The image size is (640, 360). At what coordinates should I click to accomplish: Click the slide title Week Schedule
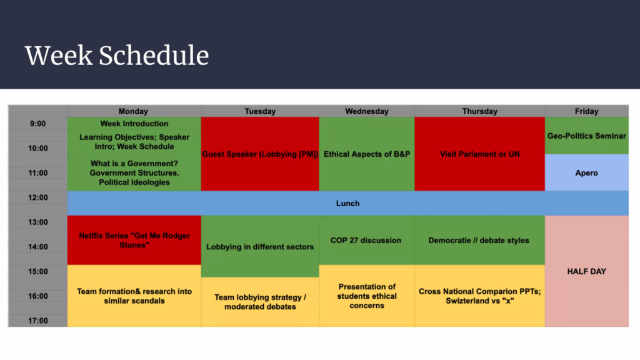point(117,56)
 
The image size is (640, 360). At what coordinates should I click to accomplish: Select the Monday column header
point(134,111)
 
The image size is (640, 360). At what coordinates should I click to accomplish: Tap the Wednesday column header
point(366,111)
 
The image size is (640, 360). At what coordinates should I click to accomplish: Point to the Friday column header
point(586,111)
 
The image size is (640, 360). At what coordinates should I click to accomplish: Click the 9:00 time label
point(37,124)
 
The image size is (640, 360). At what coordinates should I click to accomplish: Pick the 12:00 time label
point(37,197)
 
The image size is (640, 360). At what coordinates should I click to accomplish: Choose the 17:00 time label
point(37,321)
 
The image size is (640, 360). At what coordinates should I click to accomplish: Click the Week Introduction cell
point(134,123)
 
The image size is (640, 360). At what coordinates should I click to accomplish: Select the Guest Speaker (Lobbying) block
point(260,154)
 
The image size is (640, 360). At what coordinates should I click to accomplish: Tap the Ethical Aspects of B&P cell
point(367,154)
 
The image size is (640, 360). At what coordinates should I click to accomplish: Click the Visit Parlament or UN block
point(479,154)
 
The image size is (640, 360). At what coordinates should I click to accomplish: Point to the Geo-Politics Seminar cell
point(586,136)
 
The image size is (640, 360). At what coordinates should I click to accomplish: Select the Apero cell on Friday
point(586,172)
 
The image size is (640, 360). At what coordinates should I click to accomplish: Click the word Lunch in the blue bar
point(347,203)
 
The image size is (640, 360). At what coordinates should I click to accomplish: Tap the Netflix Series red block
point(134,240)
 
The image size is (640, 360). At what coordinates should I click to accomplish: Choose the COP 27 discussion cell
point(367,240)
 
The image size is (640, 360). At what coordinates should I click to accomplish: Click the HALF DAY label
point(586,271)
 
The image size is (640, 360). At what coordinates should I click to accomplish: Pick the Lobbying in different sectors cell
point(260,246)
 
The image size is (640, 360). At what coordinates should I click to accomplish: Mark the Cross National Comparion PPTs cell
point(479,296)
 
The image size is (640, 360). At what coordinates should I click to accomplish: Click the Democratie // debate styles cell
point(479,240)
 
